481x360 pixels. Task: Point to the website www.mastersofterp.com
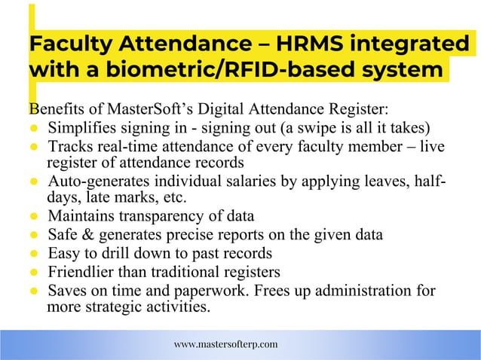coord(225,344)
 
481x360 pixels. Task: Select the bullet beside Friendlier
coord(34,272)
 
